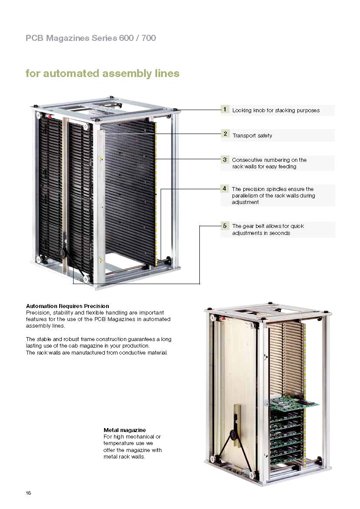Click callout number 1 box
click(225, 110)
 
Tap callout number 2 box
click(225, 134)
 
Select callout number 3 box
click(225, 160)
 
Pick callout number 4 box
click(225, 189)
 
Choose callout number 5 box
click(225, 226)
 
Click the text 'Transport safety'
click(252, 136)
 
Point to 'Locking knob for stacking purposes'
click(276, 111)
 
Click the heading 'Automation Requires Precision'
click(67, 306)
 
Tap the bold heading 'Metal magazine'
click(124, 430)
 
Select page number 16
click(28, 493)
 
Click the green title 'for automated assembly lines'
click(102, 73)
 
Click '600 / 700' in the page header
click(137, 38)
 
